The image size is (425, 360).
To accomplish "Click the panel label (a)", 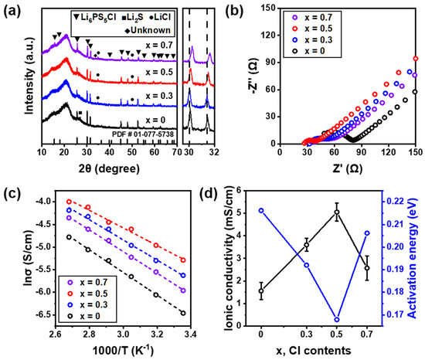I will click(12, 8).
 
